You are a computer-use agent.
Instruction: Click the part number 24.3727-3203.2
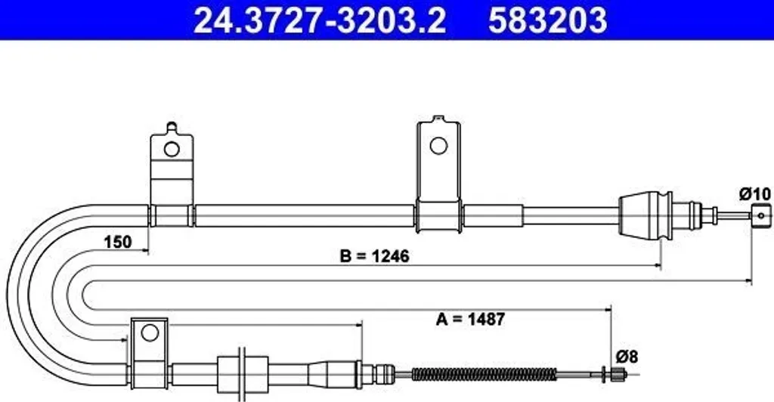pos(320,20)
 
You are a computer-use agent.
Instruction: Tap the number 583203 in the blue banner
pos(547,20)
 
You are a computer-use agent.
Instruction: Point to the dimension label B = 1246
pos(375,256)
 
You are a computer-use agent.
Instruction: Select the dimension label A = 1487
pos(470,319)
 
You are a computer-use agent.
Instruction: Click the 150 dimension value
pos(117,243)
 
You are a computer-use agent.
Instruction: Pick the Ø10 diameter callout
pos(755,194)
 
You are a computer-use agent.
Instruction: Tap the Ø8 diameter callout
pos(627,356)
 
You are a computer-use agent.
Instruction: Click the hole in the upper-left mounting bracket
pos(172,148)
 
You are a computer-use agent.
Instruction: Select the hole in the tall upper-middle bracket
pos(438,146)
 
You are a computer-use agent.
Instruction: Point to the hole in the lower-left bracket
pos(149,332)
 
